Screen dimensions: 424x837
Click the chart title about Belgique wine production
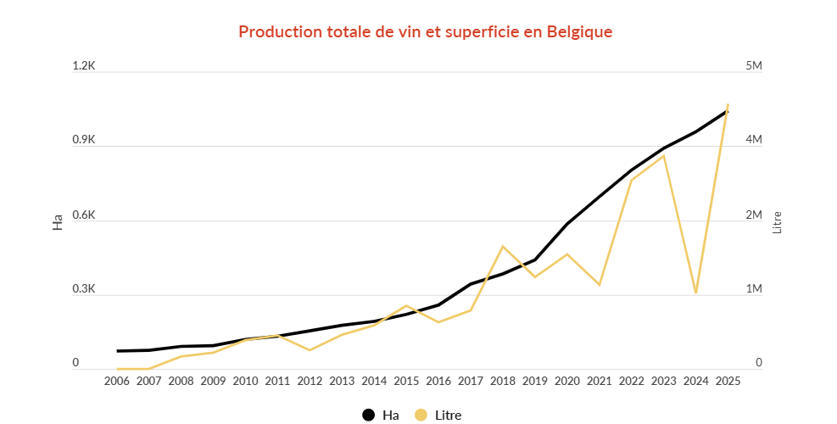425,31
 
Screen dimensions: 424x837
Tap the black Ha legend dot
368,415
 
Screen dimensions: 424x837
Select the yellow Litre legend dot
421,415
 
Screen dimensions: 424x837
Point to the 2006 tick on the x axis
117,382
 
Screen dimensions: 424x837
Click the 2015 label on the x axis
406,382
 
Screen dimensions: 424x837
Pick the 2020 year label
567,382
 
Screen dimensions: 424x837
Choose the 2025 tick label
728,382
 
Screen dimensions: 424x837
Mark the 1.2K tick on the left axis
85,66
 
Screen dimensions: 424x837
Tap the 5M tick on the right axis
753,66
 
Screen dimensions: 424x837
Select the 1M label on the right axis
753,289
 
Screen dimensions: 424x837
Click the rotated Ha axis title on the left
58,223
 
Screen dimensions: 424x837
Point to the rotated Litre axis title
777,223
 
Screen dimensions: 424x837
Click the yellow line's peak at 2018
503,247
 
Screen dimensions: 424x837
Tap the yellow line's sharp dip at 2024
695,293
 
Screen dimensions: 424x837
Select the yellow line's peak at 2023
663,156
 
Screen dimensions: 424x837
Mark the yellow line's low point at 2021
600,285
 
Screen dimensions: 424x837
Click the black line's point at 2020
567,224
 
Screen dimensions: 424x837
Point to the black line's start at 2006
117,351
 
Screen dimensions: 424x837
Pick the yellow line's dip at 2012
310,350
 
